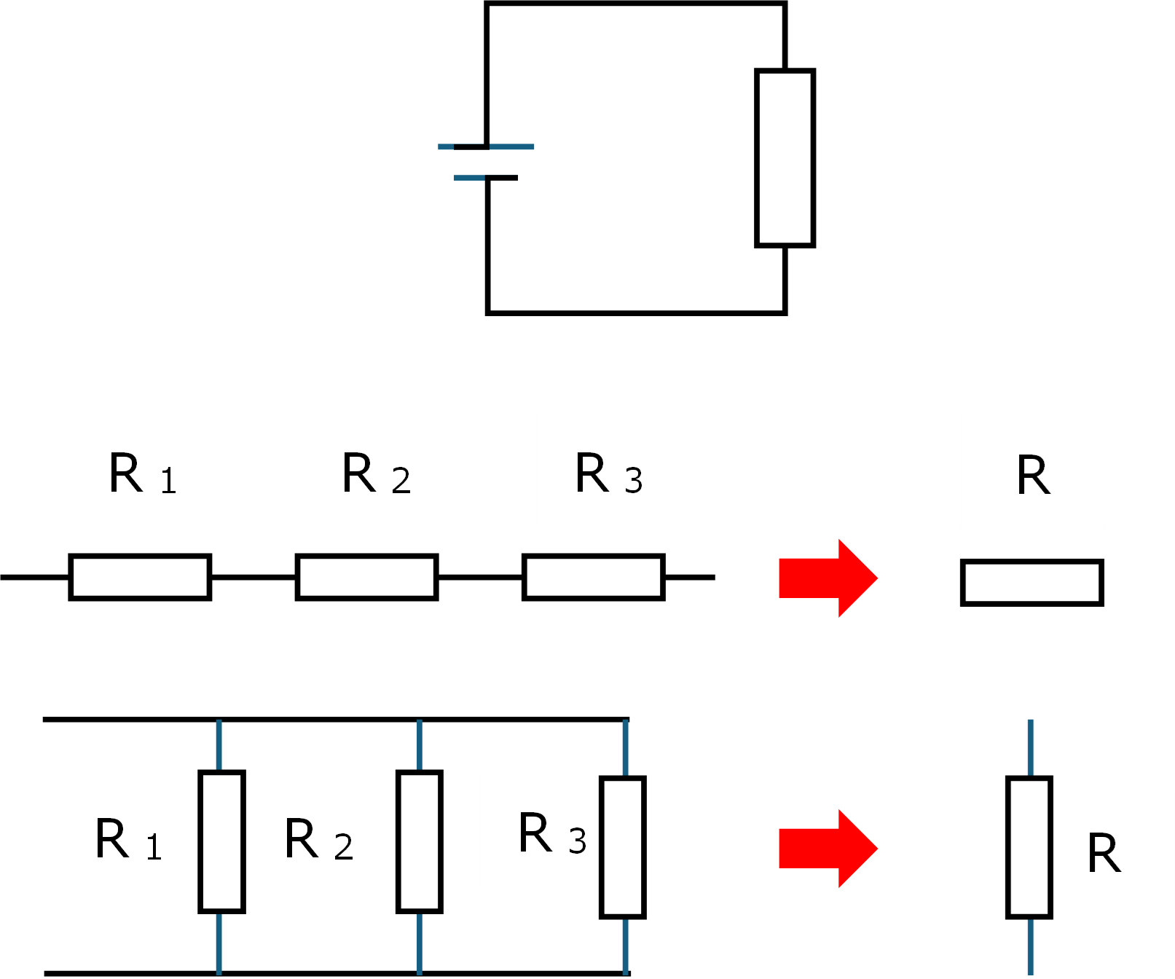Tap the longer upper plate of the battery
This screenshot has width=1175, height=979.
(486, 146)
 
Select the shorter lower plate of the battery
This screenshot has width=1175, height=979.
(486, 178)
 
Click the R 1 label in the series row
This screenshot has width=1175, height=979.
(143, 473)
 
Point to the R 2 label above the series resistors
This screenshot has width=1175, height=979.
(376, 473)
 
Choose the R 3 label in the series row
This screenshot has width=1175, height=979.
(609, 473)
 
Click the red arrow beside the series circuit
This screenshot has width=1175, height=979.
(828, 578)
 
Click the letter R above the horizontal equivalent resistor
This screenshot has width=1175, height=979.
(1034, 476)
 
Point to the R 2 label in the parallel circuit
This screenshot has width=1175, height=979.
(319, 840)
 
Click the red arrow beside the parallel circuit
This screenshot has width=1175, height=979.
(828, 849)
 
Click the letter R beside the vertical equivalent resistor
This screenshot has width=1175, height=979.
(1104, 853)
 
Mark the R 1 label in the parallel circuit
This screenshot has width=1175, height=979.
(128, 840)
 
